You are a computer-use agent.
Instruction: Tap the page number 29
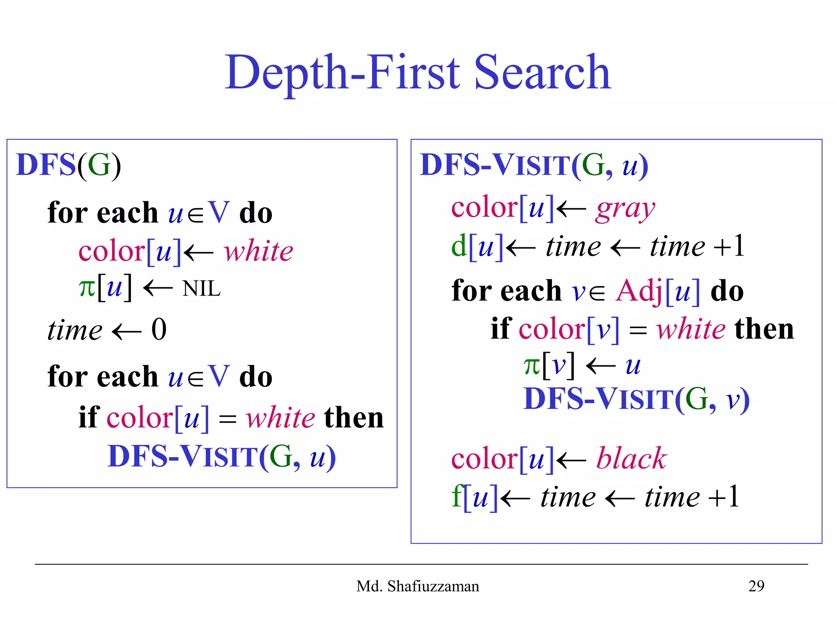point(756,586)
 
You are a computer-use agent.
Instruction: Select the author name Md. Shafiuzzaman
point(418,586)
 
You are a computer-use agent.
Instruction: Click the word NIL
point(201,289)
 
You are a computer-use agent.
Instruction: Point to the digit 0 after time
point(159,329)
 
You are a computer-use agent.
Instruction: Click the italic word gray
point(625,209)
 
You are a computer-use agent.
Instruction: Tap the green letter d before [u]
point(459,246)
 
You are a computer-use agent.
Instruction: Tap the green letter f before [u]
point(457,496)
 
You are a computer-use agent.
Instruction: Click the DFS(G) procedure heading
point(69,165)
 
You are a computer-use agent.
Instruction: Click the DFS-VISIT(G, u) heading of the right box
point(534,165)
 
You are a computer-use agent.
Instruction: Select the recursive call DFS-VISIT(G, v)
point(636,399)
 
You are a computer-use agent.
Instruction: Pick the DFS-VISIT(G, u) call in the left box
point(221,457)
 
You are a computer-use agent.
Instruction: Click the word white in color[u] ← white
point(258,251)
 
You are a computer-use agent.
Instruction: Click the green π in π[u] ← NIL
point(87,288)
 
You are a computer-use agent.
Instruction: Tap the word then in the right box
point(764,329)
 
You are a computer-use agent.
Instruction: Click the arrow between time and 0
point(127,331)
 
